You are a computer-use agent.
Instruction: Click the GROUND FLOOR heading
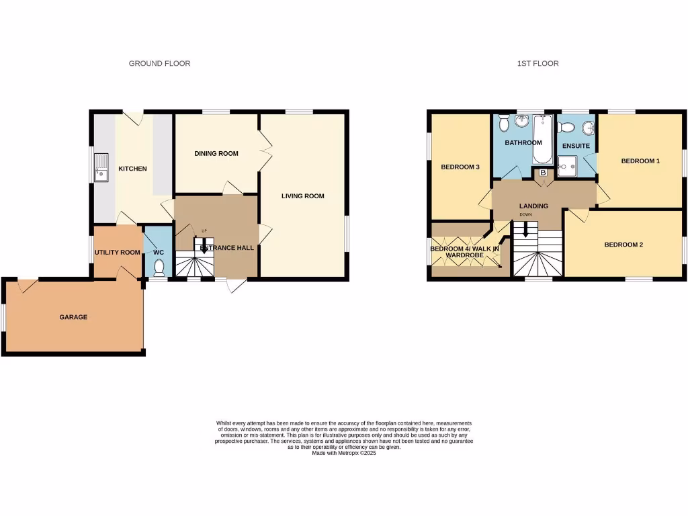(159, 64)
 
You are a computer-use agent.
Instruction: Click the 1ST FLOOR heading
(537, 64)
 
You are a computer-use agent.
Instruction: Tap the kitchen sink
(103, 167)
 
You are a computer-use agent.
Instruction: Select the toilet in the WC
(159, 268)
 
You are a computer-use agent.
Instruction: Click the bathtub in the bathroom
(542, 140)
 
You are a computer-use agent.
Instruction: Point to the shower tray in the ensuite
(568, 165)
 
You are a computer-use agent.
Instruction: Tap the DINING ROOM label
(216, 154)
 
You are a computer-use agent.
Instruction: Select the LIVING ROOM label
(302, 196)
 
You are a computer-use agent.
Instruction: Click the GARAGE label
(73, 317)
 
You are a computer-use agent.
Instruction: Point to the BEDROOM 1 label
(640, 161)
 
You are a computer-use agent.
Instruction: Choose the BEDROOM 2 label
(623, 245)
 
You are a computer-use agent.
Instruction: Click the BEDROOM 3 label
(460, 167)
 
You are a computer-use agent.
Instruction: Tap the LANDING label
(533, 206)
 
